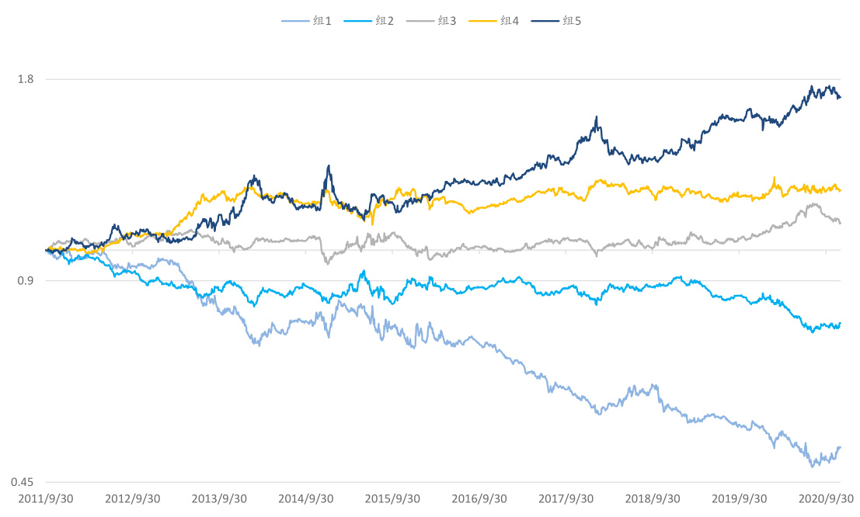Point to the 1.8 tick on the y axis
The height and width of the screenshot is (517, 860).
(x=26, y=78)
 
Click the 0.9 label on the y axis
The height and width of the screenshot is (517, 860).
(x=26, y=280)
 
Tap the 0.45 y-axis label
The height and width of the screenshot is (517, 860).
(x=23, y=482)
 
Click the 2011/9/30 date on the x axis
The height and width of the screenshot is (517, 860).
(x=46, y=498)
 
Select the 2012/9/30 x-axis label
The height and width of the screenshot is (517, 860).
(x=133, y=498)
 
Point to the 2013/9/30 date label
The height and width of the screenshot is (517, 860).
(x=220, y=498)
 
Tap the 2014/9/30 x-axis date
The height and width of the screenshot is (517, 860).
(x=306, y=498)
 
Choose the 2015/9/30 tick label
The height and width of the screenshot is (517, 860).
(x=393, y=498)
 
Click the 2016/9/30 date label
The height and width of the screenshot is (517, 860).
(x=480, y=498)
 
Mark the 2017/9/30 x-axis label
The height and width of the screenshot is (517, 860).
(x=566, y=498)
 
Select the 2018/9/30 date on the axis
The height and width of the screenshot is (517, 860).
(x=653, y=498)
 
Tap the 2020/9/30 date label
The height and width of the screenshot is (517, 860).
(x=827, y=498)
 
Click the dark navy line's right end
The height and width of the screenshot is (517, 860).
(x=841, y=97)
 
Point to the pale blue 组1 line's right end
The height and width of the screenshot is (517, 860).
(x=841, y=447)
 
